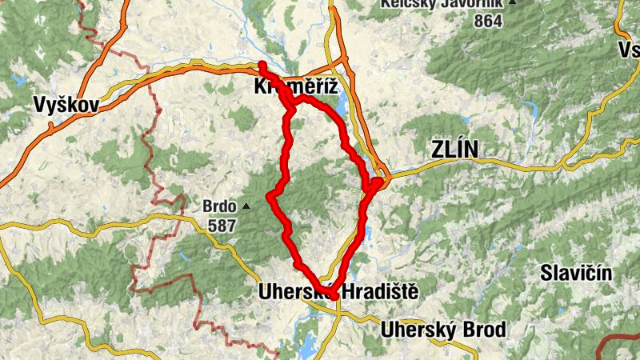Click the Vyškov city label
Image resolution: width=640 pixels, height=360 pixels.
tap(66, 104)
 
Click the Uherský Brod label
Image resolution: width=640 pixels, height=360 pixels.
tap(443, 330)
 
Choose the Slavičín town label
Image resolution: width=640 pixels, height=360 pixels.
tap(576, 273)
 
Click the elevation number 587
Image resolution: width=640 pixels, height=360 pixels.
tap(222, 226)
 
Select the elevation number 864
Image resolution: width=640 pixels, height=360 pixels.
tap(487, 21)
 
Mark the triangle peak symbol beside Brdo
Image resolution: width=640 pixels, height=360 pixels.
tap(246, 206)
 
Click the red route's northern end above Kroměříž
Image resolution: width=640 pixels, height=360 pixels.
tap(262, 64)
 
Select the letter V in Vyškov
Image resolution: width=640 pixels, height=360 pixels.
tap(40, 104)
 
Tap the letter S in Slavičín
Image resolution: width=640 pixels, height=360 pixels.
tap(546, 273)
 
